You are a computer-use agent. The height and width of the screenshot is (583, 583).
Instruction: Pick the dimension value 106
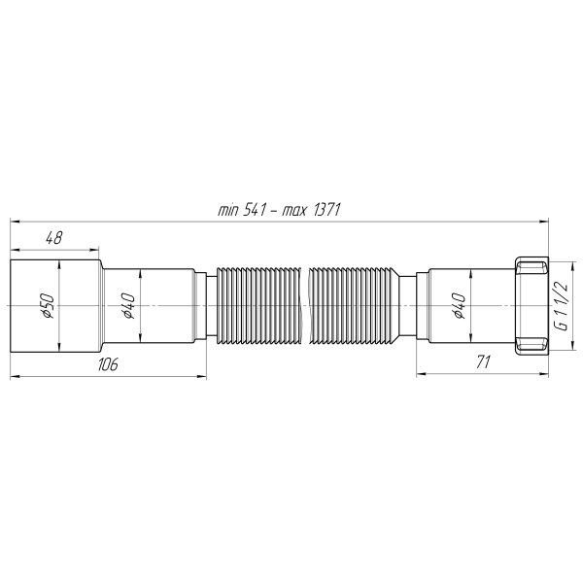pos(108,364)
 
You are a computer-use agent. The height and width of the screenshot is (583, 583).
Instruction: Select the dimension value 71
pos(483,361)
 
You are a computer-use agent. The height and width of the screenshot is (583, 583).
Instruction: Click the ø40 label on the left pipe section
pos(126,305)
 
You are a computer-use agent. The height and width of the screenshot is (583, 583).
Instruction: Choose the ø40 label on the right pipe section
pos(459,305)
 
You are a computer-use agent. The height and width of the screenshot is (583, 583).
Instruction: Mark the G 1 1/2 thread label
pos(561,305)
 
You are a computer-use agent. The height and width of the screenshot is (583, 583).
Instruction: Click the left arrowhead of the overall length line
pos(15,222)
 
